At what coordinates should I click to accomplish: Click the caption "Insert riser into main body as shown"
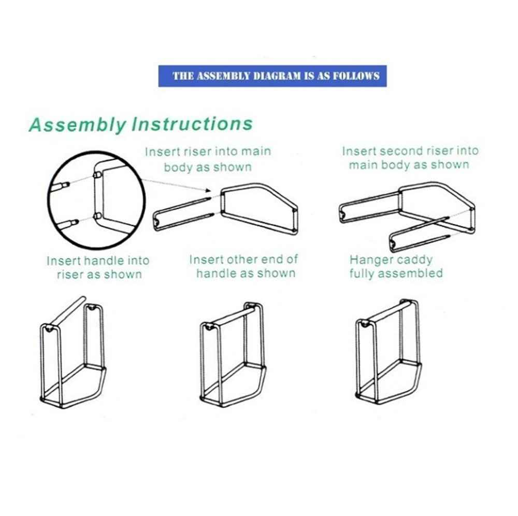(x=208, y=159)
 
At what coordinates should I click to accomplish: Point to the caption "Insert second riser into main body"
(x=410, y=158)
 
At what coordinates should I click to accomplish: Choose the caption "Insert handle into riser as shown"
(x=98, y=267)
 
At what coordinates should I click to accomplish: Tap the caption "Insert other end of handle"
(x=243, y=266)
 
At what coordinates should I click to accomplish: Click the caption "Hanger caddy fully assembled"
(x=396, y=266)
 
